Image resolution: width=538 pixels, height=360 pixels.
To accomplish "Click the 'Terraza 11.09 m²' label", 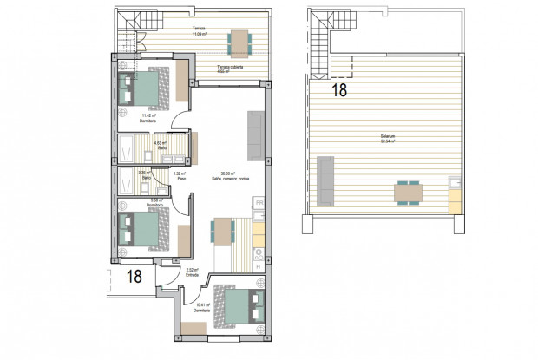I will click(199, 31).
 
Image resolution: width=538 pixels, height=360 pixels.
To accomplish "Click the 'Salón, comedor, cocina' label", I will click(228, 176).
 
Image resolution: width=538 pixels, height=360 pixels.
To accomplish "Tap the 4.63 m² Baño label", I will click(161, 147).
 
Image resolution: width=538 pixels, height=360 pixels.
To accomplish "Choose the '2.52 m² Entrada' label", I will click(192, 272).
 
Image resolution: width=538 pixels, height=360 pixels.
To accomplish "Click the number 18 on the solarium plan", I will click(339, 89).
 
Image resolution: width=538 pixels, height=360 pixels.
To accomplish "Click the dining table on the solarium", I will click(408, 191).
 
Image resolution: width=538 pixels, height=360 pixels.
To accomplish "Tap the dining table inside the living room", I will click(223, 232).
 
